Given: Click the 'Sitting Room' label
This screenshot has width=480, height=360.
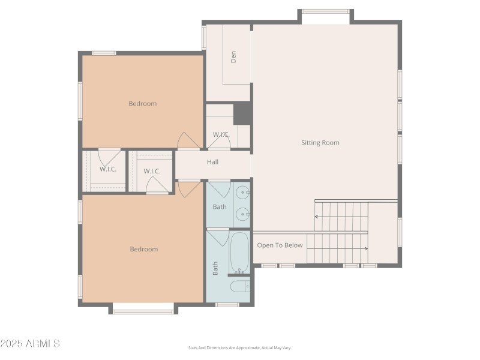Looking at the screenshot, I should [320, 143].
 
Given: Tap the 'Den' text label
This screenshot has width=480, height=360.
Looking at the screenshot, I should [233, 56].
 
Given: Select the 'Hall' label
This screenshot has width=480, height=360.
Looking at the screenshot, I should [212, 162].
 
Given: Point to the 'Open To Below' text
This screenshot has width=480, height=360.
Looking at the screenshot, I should [280, 245].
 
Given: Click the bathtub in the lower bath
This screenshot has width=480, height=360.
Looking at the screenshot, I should [239, 253].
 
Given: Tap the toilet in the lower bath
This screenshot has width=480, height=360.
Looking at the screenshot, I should [240, 286].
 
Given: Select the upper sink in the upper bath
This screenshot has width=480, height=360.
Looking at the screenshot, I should [242, 193].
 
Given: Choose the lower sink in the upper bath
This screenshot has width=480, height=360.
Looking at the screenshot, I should [242, 213].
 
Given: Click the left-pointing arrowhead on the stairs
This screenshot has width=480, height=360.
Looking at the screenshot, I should [317, 217].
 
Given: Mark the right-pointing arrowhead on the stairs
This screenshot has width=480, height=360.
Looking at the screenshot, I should [365, 248].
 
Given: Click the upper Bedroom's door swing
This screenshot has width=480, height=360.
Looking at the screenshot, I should [188, 140].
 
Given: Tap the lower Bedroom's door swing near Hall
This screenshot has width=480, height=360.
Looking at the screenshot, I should [188, 188].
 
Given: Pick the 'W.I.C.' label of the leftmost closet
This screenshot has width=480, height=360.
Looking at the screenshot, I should [108, 169].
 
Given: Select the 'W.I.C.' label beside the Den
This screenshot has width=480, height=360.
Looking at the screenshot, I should [221, 134].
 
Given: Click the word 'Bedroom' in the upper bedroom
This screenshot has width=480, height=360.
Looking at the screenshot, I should [142, 104].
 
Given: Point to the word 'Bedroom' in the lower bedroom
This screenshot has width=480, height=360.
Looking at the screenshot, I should [143, 250].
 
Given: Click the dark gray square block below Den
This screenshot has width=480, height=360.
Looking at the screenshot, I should [242, 112].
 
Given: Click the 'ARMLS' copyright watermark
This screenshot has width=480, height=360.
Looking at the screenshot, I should [30, 344].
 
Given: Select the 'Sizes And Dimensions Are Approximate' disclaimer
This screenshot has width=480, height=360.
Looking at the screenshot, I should [239, 347].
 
